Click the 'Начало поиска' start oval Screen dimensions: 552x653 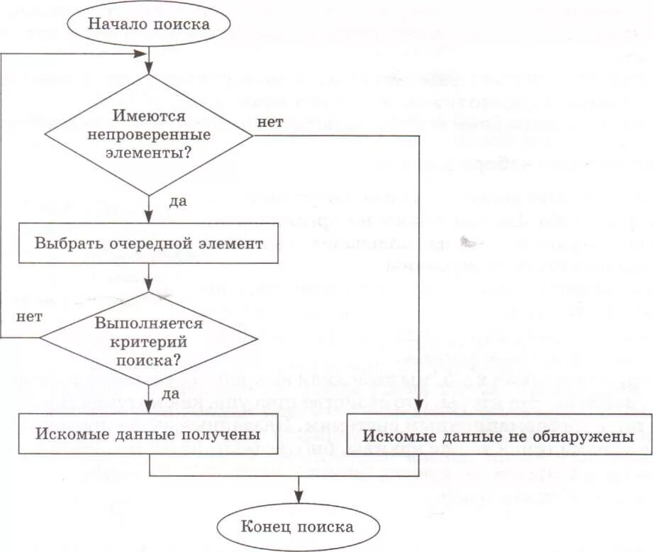point(148,23)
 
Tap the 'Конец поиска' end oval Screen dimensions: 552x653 point(297,526)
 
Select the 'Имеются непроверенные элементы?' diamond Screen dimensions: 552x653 point(148,133)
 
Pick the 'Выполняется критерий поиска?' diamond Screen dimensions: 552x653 point(148,341)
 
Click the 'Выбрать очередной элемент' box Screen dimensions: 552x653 point(148,243)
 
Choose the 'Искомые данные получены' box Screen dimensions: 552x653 point(148,433)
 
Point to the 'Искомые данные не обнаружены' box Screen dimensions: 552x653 point(498,436)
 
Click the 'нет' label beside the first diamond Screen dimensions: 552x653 point(270,122)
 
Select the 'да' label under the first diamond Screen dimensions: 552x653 point(177,201)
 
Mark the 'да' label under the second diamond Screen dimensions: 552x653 point(171,392)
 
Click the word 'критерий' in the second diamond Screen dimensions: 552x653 point(148,341)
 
